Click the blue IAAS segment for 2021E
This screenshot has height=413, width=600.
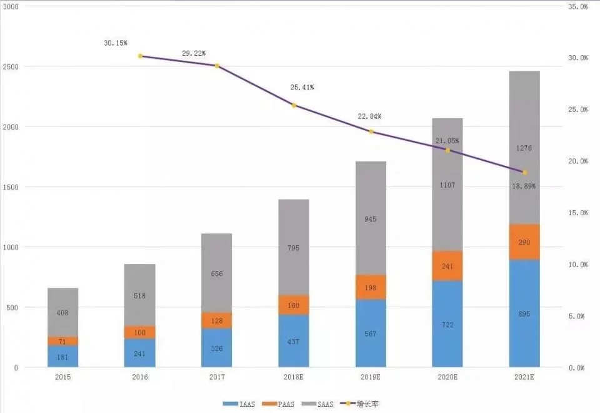coord(524,313)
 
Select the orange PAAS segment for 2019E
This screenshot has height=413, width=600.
coord(371,287)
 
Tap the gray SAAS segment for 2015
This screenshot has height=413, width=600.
coord(62,312)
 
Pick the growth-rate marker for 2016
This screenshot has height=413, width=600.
coord(140,56)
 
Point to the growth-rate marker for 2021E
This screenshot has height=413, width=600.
coord(525,173)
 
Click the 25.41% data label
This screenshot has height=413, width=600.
coord(302,88)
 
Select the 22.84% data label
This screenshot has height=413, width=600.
coord(369,116)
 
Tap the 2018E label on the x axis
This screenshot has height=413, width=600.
coord(294,377)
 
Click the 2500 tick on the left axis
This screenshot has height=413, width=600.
coord(12,67)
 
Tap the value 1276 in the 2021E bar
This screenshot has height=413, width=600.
coord(524,149)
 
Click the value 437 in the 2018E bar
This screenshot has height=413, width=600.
coord(294,342)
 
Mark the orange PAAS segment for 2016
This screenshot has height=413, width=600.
coord(140,332)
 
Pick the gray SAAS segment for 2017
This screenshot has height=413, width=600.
coord(217,273)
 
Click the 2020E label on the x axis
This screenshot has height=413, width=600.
coord(447,377)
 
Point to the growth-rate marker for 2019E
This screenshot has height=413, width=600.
coord(371,132)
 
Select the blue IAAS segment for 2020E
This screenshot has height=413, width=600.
coord(447,324)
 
